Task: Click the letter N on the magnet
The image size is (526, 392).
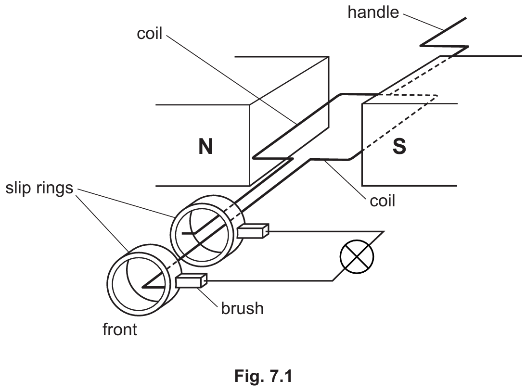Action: [x=205, y=147]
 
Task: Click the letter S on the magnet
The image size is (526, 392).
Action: [x=399, y=147]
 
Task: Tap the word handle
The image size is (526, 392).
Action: [x=373, y=13]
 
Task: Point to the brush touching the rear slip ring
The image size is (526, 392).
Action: [x=252, y=231]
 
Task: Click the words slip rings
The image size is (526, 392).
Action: [x=39, y=188]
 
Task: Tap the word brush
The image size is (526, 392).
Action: [x=242, y=307]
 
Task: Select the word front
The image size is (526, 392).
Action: [x=120, y=330]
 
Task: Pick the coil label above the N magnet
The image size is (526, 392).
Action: [x=150, y=35]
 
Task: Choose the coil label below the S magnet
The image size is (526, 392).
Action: [x=382, y=200]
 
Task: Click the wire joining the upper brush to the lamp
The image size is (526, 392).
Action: [x=327, y=231]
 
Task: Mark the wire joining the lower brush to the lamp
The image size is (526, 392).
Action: [x=269, y=280]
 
